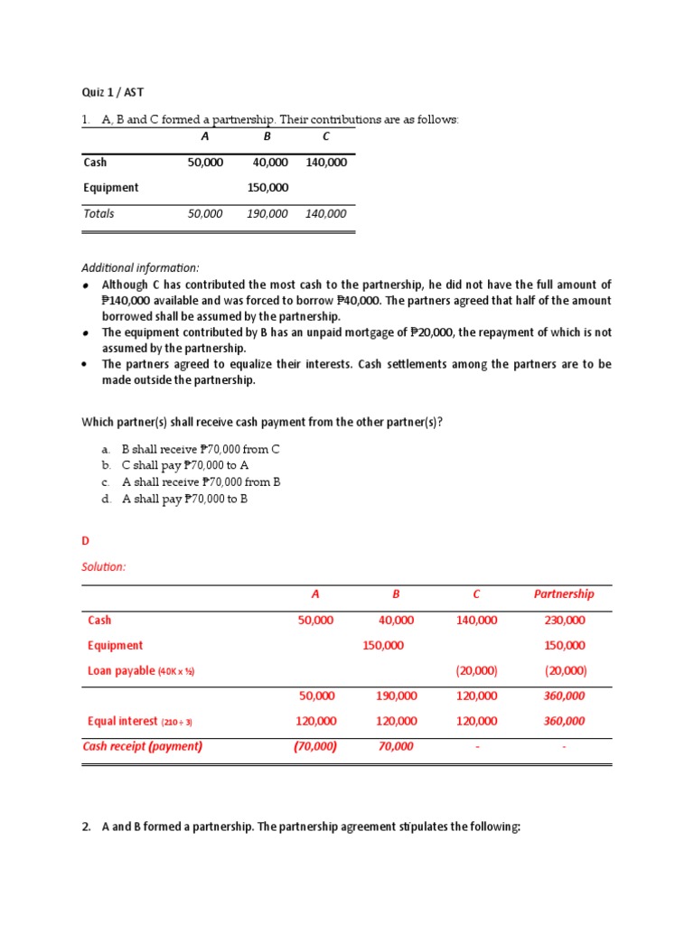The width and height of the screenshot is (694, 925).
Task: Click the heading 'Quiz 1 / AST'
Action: [x=112, y=92]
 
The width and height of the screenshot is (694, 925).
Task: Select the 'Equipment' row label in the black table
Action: [x=110, y=188]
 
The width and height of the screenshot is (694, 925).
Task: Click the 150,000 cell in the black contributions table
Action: [x=267, y=188]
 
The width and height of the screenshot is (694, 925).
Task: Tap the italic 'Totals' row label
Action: [x=98, y=214]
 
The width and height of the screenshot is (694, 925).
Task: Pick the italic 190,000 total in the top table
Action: [x=267, y=214]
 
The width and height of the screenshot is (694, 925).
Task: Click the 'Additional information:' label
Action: [x=140, y=268]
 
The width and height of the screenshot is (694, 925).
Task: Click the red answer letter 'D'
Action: [x=86, y=541]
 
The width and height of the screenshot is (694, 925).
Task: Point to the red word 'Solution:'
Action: [x=104, y=566]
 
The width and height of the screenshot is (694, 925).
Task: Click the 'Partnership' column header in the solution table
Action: [x=564, y=594]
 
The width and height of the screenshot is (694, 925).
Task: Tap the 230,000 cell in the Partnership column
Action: [x=565, y=621]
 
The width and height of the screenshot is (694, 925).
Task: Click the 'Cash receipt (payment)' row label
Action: [x=143, y=746]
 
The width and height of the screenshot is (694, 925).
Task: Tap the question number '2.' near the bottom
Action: [x=88, y=826]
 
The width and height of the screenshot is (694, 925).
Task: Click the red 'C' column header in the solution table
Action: [x=476, y=594]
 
